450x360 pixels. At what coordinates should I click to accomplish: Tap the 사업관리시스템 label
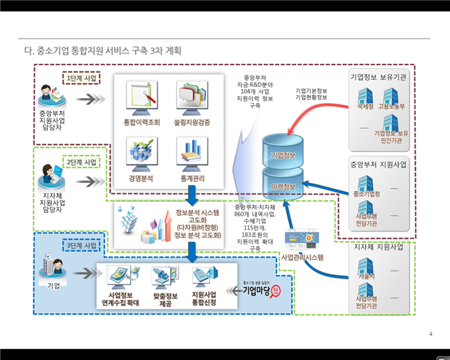click(302, 257)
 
